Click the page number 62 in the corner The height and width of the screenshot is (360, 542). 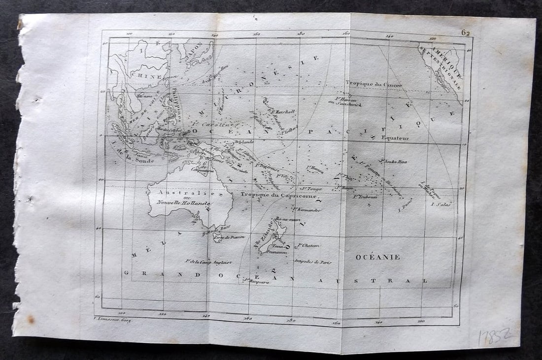466,33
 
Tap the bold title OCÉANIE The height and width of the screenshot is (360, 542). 377,257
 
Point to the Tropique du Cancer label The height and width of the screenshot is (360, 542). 373,84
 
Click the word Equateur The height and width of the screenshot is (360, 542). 395,138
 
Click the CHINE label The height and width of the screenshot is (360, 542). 147,77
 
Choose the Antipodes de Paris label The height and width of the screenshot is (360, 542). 312,262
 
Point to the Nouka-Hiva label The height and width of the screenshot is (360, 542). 393,161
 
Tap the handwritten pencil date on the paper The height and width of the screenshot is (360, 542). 496,337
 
